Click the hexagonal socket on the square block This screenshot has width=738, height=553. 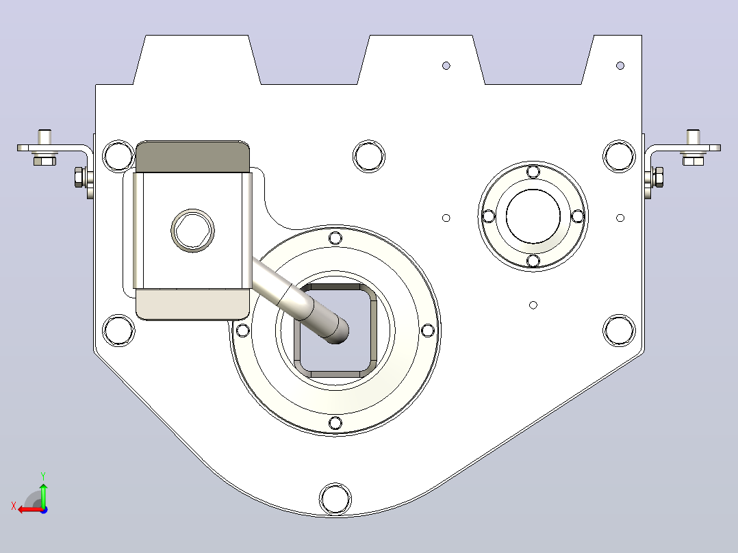coord(192,231)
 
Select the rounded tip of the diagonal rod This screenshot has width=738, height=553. coord(338,331)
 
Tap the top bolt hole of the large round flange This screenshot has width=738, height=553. coord(335,237)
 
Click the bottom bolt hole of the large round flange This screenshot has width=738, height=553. coord(335,423)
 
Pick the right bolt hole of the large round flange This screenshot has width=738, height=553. coord(428,331)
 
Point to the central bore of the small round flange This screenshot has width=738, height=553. coord(533,216)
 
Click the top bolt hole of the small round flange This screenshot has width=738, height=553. coord(533,172)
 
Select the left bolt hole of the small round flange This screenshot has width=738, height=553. coord(489,216)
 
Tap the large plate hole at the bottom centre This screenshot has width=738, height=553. coord(335,498)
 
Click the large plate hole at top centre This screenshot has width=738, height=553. coord(369,156)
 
